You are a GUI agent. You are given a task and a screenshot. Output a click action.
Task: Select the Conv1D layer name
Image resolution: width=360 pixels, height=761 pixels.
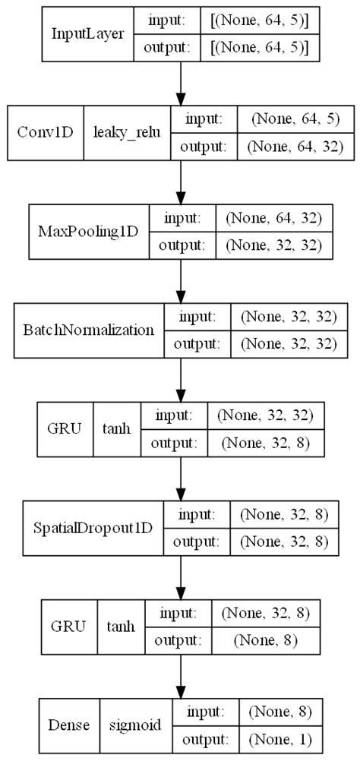[x=45, y=131]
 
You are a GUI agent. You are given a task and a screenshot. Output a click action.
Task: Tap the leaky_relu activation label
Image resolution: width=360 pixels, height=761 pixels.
[x=127, y=131]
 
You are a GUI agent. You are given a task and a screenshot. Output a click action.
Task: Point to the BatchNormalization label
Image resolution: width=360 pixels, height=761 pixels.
[x=90, y=330]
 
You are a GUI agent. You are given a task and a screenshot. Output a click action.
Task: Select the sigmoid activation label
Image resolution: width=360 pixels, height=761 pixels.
[x=135, y=725]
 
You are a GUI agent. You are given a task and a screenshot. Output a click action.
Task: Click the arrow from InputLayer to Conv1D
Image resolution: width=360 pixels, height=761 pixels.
[x=180, y=84]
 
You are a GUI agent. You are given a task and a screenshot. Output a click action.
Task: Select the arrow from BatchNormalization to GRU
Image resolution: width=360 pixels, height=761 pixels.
[x=180, y=380]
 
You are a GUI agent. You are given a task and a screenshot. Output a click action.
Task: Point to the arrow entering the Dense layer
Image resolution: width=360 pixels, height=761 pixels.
[x=180, y=676]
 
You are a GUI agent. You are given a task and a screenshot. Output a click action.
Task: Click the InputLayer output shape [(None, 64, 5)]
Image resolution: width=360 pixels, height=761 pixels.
[x=259, y=47]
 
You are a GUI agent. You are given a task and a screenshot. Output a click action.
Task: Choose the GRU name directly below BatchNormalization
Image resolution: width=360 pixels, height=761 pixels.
[x=66, y=428]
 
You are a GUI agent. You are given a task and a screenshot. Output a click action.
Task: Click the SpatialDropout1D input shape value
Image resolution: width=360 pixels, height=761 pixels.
[x=283, y=515]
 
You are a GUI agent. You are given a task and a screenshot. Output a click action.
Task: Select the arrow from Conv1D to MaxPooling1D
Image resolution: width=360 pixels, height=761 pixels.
[x=180, y=182]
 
